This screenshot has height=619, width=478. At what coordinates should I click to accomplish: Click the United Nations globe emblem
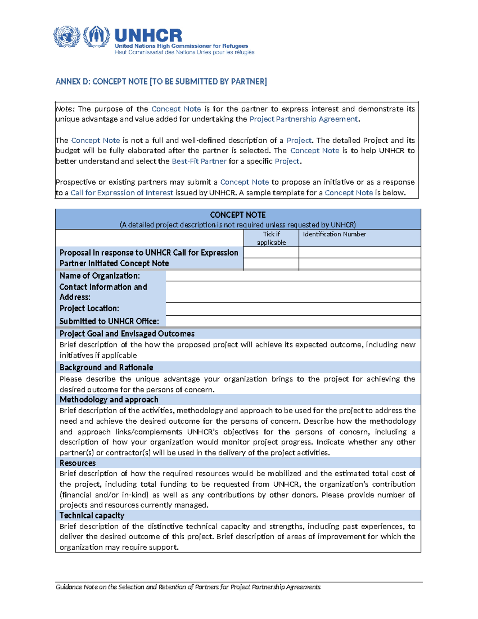click(x=67, y=37)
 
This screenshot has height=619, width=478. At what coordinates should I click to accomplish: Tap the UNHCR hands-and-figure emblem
click(x=96, y=37)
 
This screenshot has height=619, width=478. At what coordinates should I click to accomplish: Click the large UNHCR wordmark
click(x=148, y=35)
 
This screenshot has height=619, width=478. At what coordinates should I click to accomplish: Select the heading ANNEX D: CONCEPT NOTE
click(x=161, y=82)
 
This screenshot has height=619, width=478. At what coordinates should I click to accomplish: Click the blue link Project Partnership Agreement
click(x=303, y=119)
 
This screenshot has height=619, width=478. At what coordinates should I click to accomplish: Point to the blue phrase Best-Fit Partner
click(x=199, y=161)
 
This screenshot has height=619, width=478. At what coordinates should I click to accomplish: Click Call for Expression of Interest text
click(x=121, y=193)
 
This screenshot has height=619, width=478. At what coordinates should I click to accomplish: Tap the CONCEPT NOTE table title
click(x=237, y=215)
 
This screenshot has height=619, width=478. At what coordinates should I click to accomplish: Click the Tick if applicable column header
click(x=271, y=238)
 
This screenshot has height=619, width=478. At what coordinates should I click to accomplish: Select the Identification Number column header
click(x=334, y=234)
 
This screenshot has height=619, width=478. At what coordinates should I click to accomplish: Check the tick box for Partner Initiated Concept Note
click(x=271, y=264)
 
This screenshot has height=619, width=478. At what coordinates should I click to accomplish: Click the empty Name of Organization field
click(x=293, y=276)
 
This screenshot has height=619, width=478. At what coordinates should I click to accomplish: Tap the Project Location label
click(x=89, y=309)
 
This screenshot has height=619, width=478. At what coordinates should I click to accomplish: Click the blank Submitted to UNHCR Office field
click(x=293, y=321)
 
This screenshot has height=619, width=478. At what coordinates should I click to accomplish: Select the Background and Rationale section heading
click(x=106, y=367)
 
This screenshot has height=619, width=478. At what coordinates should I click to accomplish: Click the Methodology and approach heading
click(x=109, y=400)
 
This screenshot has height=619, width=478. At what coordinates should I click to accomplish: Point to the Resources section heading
click(x=78, y=463)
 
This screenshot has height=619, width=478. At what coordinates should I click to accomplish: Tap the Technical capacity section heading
click(x=92, y=515)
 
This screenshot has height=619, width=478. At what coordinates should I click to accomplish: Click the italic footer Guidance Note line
click(x=188, y=587)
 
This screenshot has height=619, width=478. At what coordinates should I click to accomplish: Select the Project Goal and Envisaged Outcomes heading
click(x=127, y=334)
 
